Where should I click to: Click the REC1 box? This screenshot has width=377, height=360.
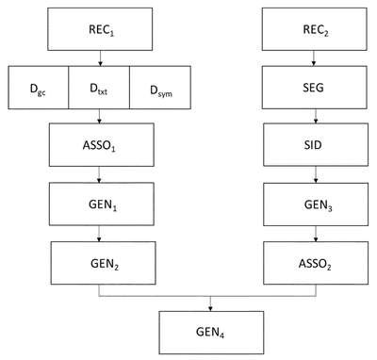100,29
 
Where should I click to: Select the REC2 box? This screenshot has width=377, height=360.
315,29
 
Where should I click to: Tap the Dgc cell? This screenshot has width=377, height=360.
39,88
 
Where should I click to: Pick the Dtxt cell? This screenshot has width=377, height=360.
99,88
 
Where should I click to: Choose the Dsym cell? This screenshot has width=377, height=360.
160,88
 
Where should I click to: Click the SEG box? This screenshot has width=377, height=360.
315,88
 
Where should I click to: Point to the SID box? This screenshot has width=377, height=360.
316,145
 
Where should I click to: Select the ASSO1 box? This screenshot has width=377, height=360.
102,145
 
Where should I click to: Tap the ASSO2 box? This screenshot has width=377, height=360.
316,263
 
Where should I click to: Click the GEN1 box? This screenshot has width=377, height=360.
102,204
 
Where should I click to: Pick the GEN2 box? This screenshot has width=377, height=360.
104,263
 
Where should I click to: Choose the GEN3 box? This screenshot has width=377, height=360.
316,205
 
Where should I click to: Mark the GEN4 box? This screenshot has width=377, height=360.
211,333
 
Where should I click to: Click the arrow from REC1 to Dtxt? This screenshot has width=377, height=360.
100,58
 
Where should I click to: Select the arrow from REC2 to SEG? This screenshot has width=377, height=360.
314,58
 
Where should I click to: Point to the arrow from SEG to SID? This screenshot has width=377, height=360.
316,116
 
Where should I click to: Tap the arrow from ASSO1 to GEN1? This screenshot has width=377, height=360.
99,174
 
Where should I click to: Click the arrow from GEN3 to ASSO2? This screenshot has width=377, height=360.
316,234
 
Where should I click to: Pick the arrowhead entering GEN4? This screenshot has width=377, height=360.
210,309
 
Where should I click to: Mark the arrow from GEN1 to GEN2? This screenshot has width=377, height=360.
99,234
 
